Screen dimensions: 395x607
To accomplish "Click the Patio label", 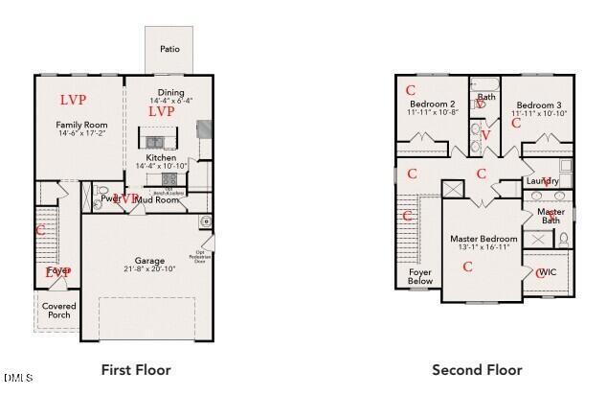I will tap(169, 49).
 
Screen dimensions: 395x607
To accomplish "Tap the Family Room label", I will tap(81, 125).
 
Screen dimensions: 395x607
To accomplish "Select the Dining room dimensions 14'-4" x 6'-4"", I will tap(170, 101).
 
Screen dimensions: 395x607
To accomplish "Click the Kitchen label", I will tap(161, 157).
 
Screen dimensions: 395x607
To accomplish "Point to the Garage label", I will tap(149, 261).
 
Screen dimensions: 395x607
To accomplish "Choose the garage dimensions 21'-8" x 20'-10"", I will tap(149, 269).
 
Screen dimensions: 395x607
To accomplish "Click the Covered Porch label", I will tap(59, 311).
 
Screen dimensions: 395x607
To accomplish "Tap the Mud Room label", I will tap(157, 200).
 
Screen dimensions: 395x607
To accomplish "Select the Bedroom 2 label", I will tap(432, 104).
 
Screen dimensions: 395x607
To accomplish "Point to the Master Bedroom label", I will tap(484, 239).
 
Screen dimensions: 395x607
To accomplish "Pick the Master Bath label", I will tap(551, 217).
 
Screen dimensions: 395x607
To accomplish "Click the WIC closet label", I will tap(548, 272).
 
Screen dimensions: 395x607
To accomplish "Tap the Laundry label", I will tap(542, 180).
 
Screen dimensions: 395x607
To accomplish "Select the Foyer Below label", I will tap(419, 276).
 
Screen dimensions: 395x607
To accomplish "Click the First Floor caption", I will tap(136, 369).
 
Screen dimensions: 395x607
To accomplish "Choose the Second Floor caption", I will tap(477, 369).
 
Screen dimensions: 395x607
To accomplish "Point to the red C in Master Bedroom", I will tap(467, 267).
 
